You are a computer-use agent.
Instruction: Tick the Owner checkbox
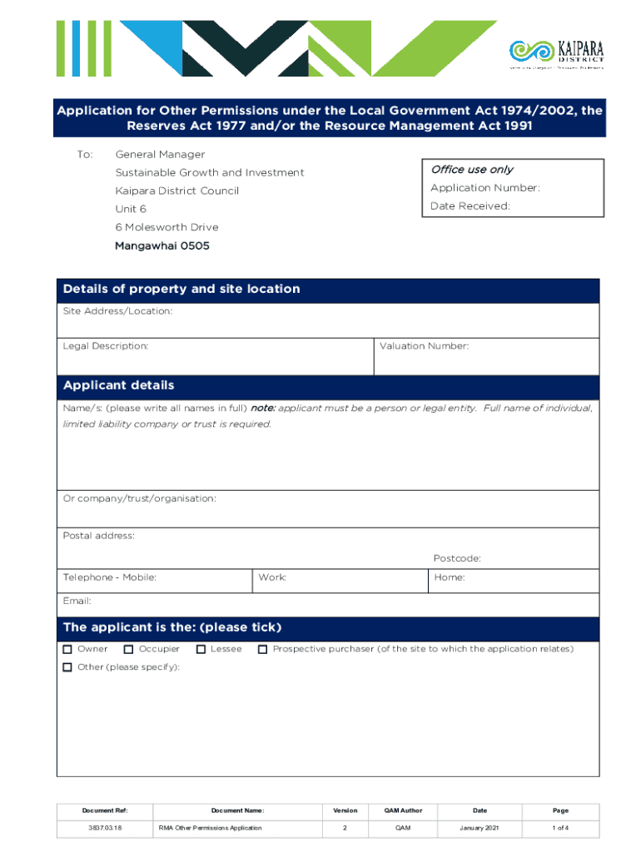tap(67, 649)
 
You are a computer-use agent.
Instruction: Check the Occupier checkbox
tap(129, 649)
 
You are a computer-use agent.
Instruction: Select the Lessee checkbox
tap(201, 649)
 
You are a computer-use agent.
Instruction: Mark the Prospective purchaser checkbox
tap(263, 649)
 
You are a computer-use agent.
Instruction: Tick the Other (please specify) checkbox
tap(67, 667)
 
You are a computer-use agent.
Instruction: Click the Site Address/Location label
tap(117, 311)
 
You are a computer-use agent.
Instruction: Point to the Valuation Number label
tap(424, 345)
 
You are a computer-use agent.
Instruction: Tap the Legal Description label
tap(106, 345)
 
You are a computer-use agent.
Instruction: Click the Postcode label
tap(456, 558)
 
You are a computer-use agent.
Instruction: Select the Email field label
tap(77, 601)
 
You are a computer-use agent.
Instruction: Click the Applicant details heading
tap(119, 385)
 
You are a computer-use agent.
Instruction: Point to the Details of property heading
tap(181, 289)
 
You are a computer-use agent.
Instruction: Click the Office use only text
tap(471, 170)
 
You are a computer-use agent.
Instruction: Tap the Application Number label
tap(484, 188)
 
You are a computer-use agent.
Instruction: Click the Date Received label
tap(470, 206)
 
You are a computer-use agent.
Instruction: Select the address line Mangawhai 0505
tap(161, 246)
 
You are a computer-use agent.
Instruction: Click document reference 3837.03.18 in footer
tap(105, 828)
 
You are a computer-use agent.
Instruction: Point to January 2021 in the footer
tap(480, 828)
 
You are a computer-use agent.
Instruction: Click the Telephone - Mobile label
tap(109, 577)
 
